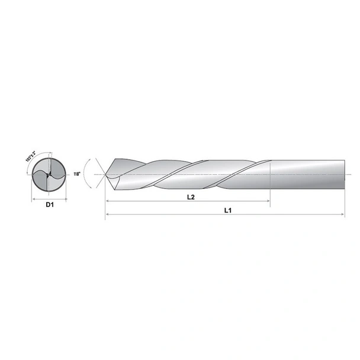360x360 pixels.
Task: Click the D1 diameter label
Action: coord(50,205)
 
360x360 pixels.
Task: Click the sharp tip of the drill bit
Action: coord(105,175)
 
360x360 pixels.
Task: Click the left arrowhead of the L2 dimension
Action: coord(108,202)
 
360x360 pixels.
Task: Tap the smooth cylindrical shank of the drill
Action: coord(308,175)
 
